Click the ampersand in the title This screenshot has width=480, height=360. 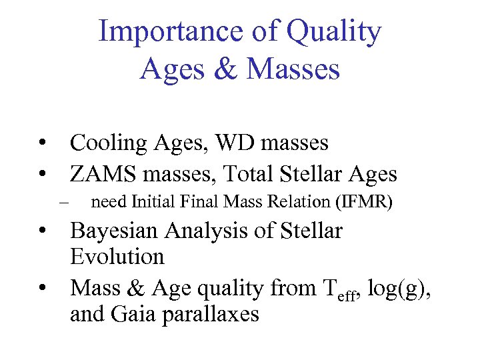point(227,69)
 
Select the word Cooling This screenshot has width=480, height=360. point(109,143)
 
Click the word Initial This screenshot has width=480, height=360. point(157,201)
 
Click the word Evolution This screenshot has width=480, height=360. point(117,257)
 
